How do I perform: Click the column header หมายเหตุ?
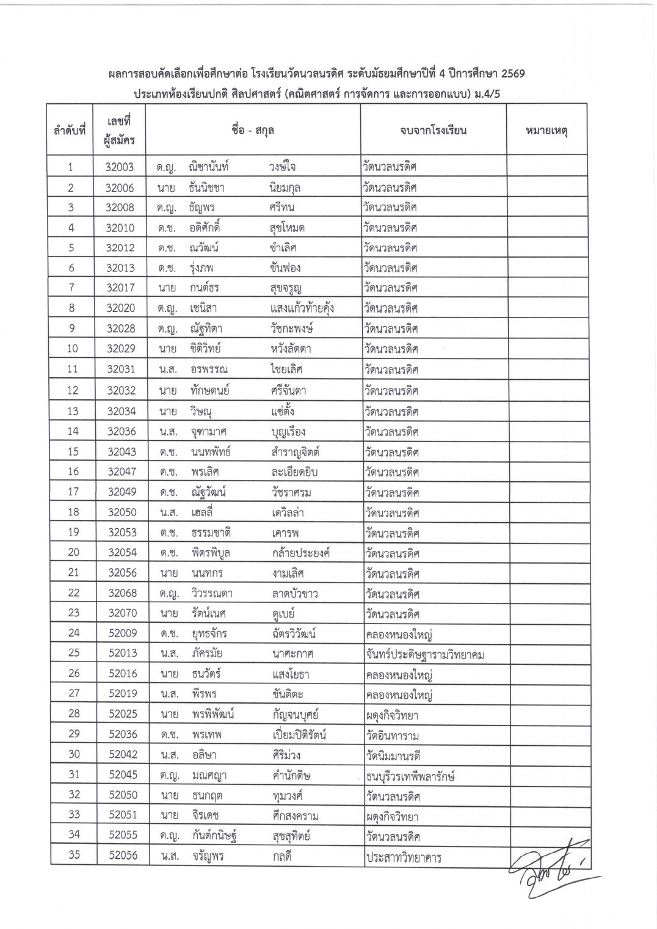click(x=546, y=131)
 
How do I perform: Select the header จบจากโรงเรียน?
click(x=433, y=131)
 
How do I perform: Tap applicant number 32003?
click(x=120, y=167)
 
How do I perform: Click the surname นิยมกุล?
click(x=285, y=188)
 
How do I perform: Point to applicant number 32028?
click(x=120, y=329)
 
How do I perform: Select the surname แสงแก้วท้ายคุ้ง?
click(x=302, y=308)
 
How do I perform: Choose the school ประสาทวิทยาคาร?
click(x=404, y=857)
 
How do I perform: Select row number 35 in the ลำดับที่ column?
click(x=74, y=855)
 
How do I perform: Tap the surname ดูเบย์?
click(x=285, y=613)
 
